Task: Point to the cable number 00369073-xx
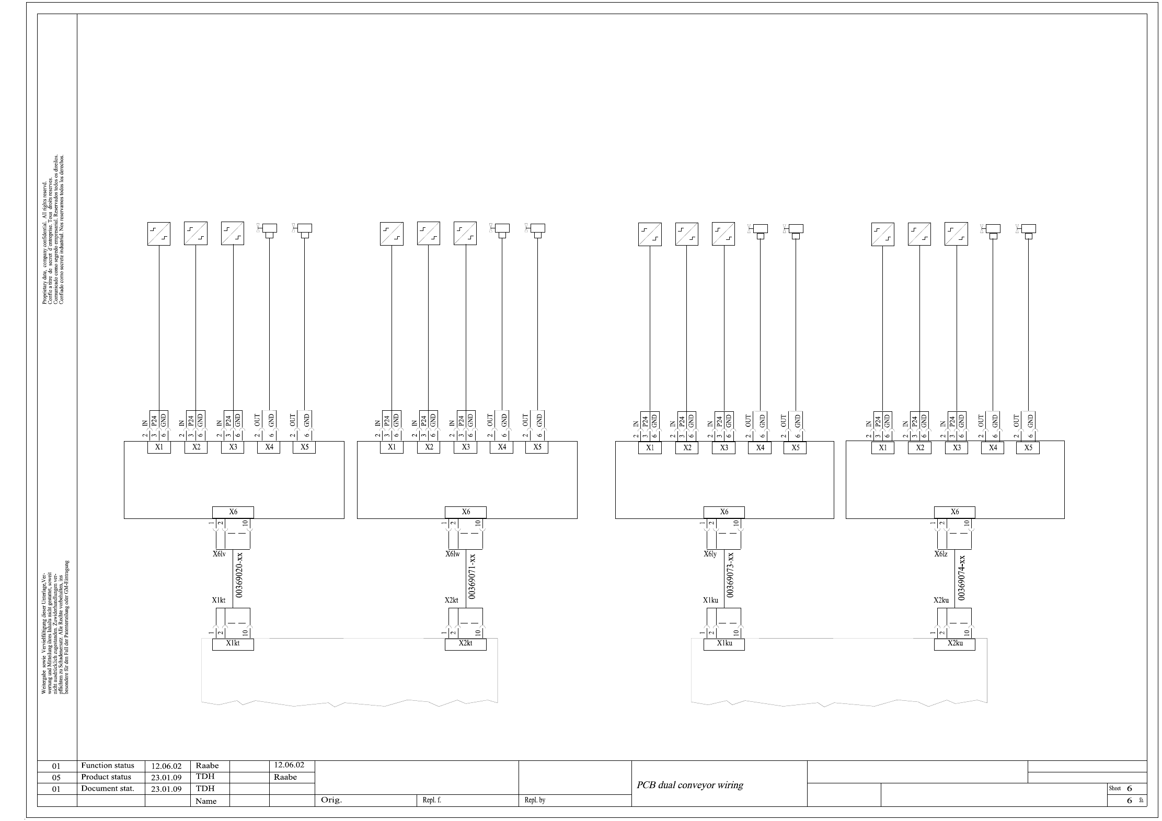(x=731, y=574)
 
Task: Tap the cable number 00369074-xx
(x=962, y=576)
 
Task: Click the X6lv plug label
(x=219, y=554)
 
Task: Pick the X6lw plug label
(x=452, y=554)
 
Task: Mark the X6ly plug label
(x=710, y=554)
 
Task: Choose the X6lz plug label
(x=941, y=554)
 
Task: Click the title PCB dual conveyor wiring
(x=689, y=785)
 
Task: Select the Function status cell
(x=108, y=766)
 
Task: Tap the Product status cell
(x=106, y=777)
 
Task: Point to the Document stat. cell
(x=108, y=789)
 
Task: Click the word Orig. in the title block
(x=331, y=800)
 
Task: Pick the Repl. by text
(x=535, y=800)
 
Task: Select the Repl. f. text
(x=432, y=800)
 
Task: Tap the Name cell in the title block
(x=206, y=801)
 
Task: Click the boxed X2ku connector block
(x=954, y=644)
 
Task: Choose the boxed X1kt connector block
(x=233, y=644)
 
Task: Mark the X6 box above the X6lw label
(x=465, y=512)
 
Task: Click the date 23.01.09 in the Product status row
(x=166, y=778)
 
